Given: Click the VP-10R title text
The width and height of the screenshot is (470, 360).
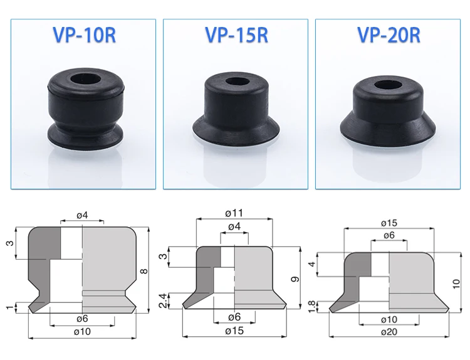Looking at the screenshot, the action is pyautogui.click(x=84, y=35).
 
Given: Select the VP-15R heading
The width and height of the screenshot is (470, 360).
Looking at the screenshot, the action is pyautogui.click(x=236, y=35).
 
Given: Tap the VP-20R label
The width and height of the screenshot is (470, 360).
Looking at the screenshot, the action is pyautogui.click(x=389, y=35).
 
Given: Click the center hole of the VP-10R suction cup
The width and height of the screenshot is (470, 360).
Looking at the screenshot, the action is pyautogui.click(x=86, y=80).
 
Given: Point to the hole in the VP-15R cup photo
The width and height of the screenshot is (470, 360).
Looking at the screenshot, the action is pyautogui.click(x=237, y=82).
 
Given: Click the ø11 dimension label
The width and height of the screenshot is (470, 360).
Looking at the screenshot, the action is pyautogui.click(x=234, y=213).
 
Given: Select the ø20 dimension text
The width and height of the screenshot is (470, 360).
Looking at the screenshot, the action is pyautogui.click(x=389, y=332).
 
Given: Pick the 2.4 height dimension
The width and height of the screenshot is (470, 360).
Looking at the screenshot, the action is pyautogui.click(x=163, y=300).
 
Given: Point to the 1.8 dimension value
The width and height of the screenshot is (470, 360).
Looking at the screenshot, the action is pyautogui.click(x=312, y=307).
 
